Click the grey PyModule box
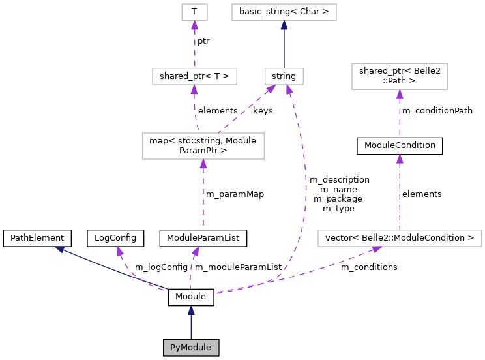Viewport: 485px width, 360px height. click(x=190, y=348)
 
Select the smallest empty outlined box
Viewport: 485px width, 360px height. click(x=194, y=12)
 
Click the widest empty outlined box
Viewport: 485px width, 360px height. click(x=400, y=239)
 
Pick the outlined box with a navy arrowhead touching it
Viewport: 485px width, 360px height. click(x=284, y=12)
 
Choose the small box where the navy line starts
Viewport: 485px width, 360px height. click(x=284, y=76)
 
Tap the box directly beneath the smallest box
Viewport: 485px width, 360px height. click(x=194, y=76)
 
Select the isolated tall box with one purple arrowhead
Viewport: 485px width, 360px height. click(x=400, y=76)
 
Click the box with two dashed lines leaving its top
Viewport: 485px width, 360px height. click(x=203, y=146)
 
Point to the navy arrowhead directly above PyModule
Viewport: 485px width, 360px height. click(x=191, y=310)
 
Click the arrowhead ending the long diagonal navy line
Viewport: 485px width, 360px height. click(x=59, y=249)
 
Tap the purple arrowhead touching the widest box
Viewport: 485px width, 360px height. click(x=376, y=249)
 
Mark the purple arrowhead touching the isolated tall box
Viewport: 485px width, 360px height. click(x=400, y=95)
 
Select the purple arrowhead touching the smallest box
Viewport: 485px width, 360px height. click(x=194, y=25)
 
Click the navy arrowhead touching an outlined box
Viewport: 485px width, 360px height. click(x=284, y=25)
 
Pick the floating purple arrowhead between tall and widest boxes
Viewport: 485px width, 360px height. click(x=400, y=159)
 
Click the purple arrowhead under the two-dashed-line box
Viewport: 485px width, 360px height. click(x=203, y=164)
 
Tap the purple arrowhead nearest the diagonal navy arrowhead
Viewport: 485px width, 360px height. click(x=119, y=251)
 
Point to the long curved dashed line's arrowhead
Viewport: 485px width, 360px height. click(x=288, y=90)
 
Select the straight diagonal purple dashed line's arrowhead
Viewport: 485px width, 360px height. click(x=271, y=89)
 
